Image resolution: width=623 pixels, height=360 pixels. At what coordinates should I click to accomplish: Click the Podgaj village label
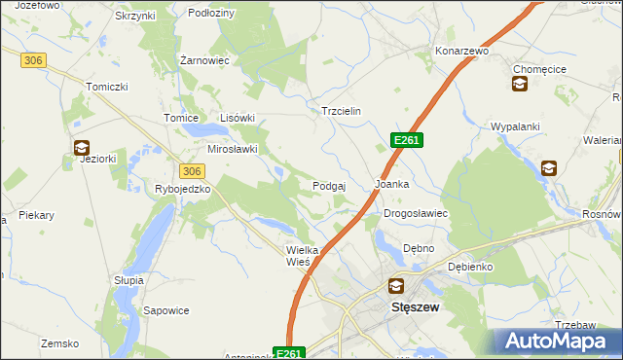coord(331,186)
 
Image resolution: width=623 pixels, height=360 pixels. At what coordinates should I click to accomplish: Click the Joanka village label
coord(392,184)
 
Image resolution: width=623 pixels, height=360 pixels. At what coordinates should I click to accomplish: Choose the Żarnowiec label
coord(204,59)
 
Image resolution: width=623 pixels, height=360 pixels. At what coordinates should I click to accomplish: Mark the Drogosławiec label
coord(415,213)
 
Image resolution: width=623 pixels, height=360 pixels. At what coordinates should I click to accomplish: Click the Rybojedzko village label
coord(183,189)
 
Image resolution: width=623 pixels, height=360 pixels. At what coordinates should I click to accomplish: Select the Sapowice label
coord(165,310)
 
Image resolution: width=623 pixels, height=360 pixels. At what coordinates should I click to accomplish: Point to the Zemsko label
coord(58,343)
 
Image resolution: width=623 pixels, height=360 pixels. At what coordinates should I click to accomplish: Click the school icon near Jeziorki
coord(80,148)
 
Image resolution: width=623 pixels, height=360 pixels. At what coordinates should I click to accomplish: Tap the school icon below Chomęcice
coord(519,85)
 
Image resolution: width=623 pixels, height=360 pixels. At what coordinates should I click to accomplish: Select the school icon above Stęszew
coord(396,286)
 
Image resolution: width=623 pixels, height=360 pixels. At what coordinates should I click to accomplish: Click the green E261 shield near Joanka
coord(407,141)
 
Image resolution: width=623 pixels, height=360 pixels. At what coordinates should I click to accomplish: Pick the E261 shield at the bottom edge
coord(290,353)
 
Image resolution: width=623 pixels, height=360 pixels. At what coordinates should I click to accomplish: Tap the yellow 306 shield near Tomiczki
coord(33,60)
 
